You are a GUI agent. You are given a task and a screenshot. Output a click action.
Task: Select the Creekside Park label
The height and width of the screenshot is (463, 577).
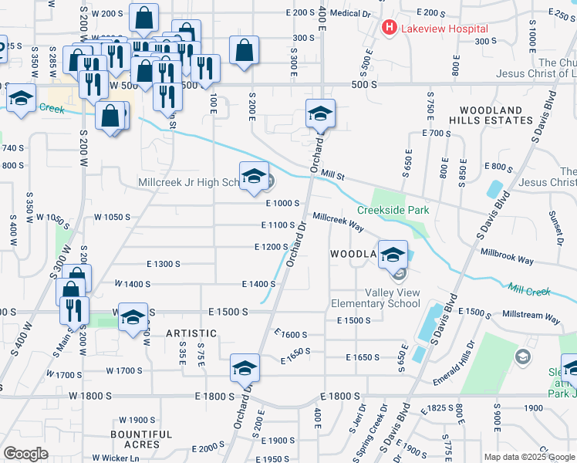click(x=393, y=210)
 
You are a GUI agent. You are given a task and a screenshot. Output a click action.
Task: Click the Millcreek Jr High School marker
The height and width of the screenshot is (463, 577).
click(x=254, y=177)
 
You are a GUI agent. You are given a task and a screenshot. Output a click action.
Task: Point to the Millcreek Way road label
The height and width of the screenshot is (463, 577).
click(x=338, y=220)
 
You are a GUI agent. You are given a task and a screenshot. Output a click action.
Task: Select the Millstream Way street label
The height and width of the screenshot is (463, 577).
click(x=531, y=316)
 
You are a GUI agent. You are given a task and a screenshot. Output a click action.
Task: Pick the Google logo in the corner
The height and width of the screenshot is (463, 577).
click(x=25, y=454)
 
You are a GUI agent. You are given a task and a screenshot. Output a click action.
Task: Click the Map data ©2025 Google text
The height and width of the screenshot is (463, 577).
click(x=528, y=457)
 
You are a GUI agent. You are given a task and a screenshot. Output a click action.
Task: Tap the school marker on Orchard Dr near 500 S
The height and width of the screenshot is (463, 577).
click(x=320, y=113)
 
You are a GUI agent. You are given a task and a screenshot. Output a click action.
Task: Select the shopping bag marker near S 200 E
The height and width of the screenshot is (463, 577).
click(x=244, y=51)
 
